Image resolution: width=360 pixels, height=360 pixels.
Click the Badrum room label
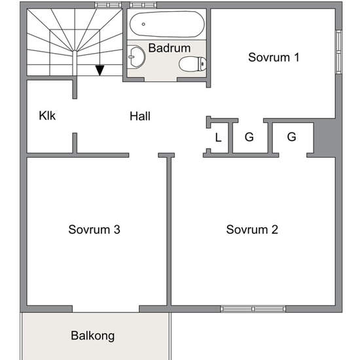click(x=170, y=48)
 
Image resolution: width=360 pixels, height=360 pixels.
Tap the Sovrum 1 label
click(x=274, y=57)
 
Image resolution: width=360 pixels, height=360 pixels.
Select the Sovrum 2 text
click(x=252, y=229)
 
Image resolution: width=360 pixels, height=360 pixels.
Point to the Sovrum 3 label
click(x=94, y=229)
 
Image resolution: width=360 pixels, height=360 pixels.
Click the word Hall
click(x=140, y=116)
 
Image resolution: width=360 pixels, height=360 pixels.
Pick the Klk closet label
click(x=47, y=115)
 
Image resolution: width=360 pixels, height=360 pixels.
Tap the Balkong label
click(x=93, y=336)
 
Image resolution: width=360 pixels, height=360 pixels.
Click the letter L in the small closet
click(x=218, y=137)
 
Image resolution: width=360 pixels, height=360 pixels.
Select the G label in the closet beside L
click(x=249, y=137)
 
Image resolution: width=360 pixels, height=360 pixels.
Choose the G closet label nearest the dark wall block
click(x=291, y=137)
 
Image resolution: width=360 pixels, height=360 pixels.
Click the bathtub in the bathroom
click(x=167, y=24)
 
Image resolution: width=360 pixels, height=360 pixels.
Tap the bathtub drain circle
click(x=143, y=24)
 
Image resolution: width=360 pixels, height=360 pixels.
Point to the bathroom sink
click(x=136, y=57)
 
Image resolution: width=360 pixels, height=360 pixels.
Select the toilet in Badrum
click(x=192, y=64)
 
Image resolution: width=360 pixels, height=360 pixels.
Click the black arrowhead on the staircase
click(x=100, y=71)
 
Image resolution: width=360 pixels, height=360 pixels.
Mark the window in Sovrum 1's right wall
click(x=339, y=52)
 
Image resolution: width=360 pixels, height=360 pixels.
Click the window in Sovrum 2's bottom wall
click(x=253, y=309)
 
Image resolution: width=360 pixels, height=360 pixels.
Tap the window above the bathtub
click(x=143, y=5)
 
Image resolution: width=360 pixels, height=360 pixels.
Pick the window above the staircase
click(x=108, y=5)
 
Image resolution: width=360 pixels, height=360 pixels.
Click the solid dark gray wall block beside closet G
click(x=324, y=138)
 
